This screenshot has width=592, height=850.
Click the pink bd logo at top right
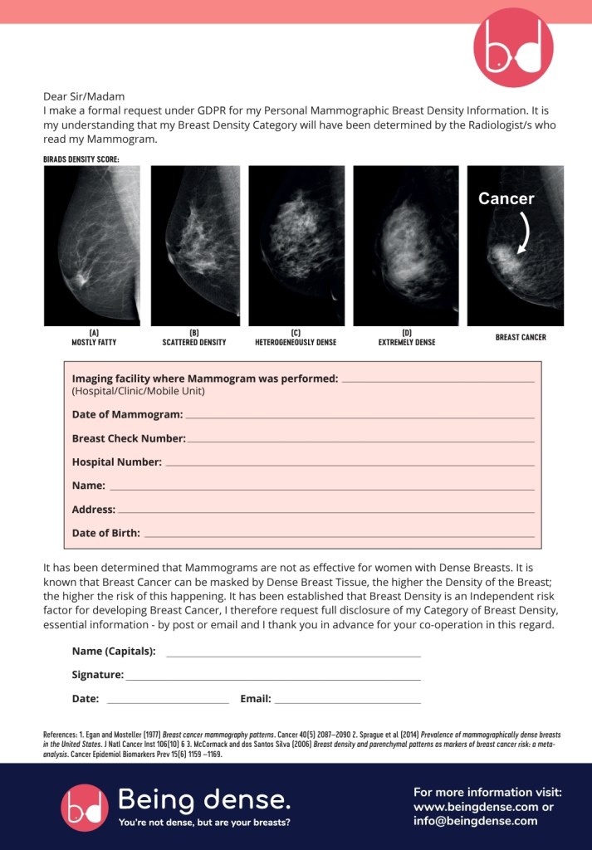point(512,48)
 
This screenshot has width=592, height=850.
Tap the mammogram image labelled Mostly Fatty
point(91,246)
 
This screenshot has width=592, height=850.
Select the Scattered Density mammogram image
point(194,246)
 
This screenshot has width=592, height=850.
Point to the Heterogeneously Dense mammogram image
point(296,246)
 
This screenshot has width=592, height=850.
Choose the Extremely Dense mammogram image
point(406,246)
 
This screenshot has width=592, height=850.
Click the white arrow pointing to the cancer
point(524,233)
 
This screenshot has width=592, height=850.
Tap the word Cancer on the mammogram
point(506,199)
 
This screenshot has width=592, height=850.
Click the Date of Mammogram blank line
point(359,417)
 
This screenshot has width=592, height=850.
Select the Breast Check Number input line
point(360,441)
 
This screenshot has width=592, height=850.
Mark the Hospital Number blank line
point(349,465)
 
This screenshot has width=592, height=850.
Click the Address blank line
point(325,512)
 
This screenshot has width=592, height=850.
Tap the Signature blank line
point(273,680)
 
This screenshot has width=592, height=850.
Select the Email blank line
point(347,703)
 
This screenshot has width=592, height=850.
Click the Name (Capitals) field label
point(114,652)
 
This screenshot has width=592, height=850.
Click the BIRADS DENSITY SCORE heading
point(81,159)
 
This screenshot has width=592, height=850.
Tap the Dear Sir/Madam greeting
point(84,96)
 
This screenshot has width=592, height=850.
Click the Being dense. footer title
point(204,800)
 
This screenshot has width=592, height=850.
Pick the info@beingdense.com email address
point(476,821)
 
